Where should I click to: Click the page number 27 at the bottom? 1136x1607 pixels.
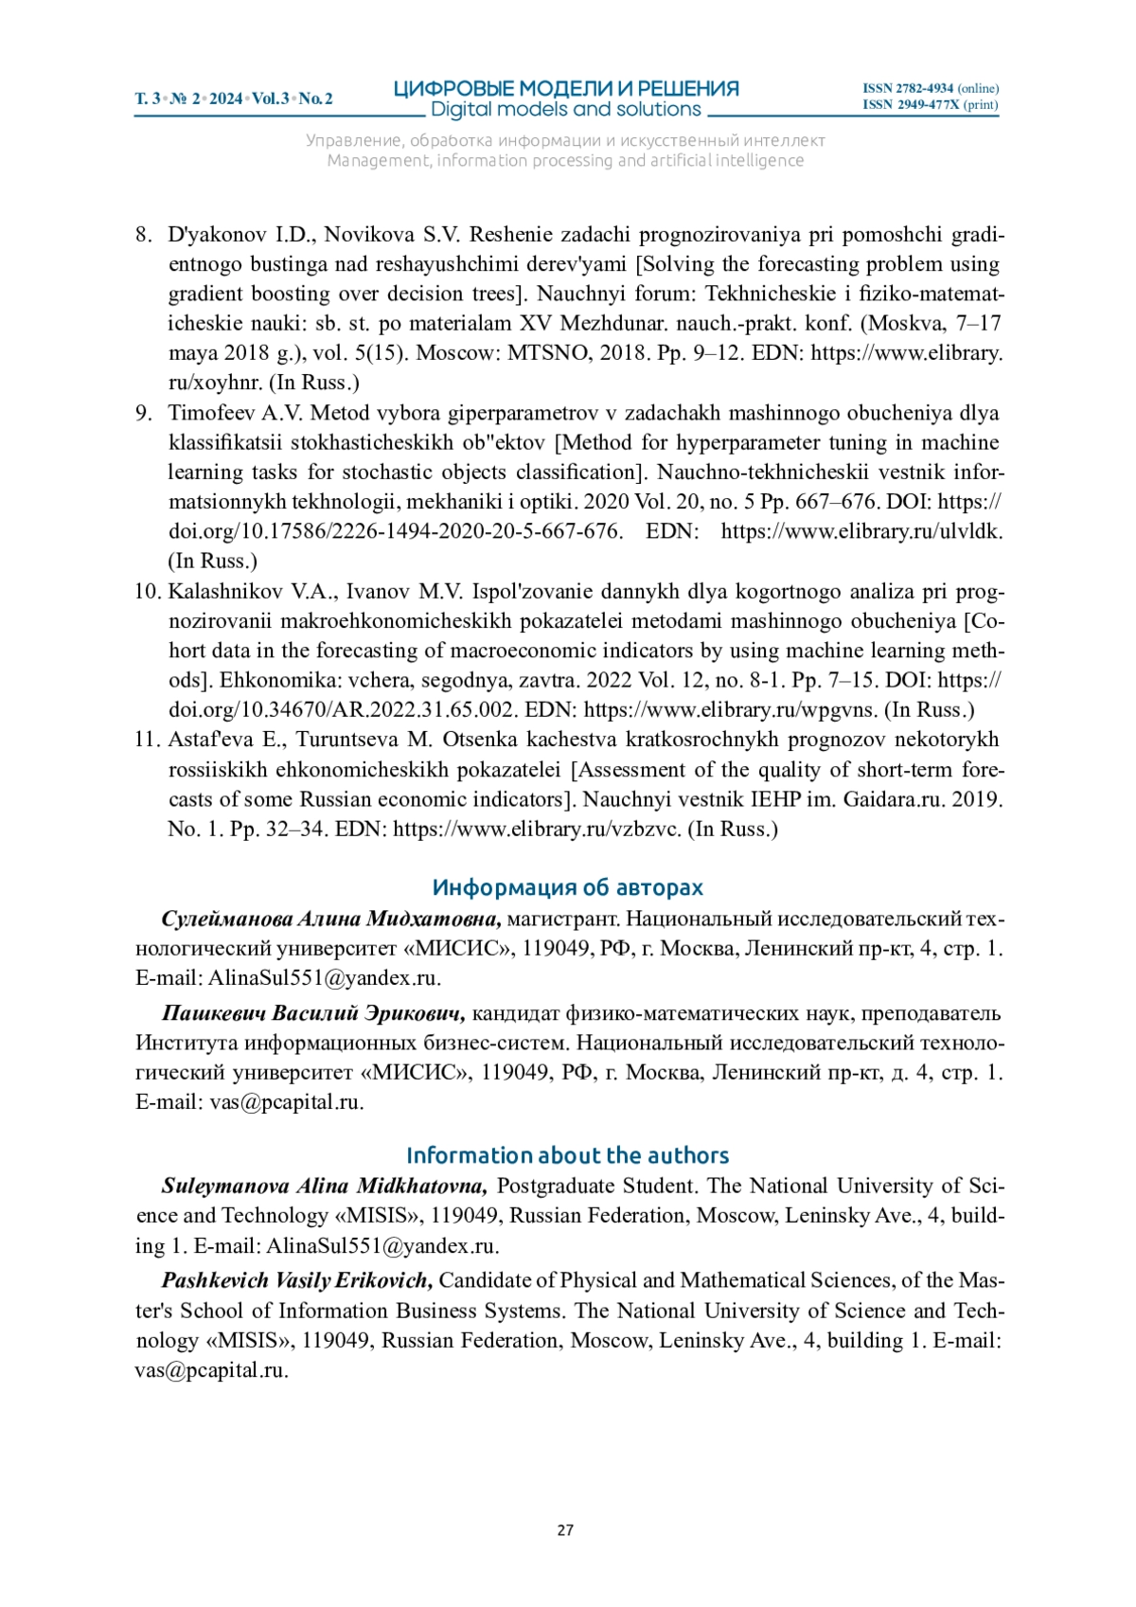(565, 1529)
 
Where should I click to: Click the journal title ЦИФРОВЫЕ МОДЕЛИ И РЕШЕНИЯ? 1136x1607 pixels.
(566, 89)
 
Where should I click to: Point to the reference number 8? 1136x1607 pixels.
(143, 235)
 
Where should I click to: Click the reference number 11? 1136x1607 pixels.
(147, 740)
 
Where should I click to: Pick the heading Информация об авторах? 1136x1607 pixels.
(567, 887)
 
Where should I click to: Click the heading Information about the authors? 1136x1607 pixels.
(567, 1155)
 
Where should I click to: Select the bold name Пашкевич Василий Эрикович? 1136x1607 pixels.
(313, 1013)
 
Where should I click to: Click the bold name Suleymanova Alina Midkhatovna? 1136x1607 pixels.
(325, 1187)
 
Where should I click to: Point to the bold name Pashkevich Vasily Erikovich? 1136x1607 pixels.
(297, 1281)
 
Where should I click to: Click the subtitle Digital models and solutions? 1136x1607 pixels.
(566, 110)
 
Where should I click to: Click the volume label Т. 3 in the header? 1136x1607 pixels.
(148, 98)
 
